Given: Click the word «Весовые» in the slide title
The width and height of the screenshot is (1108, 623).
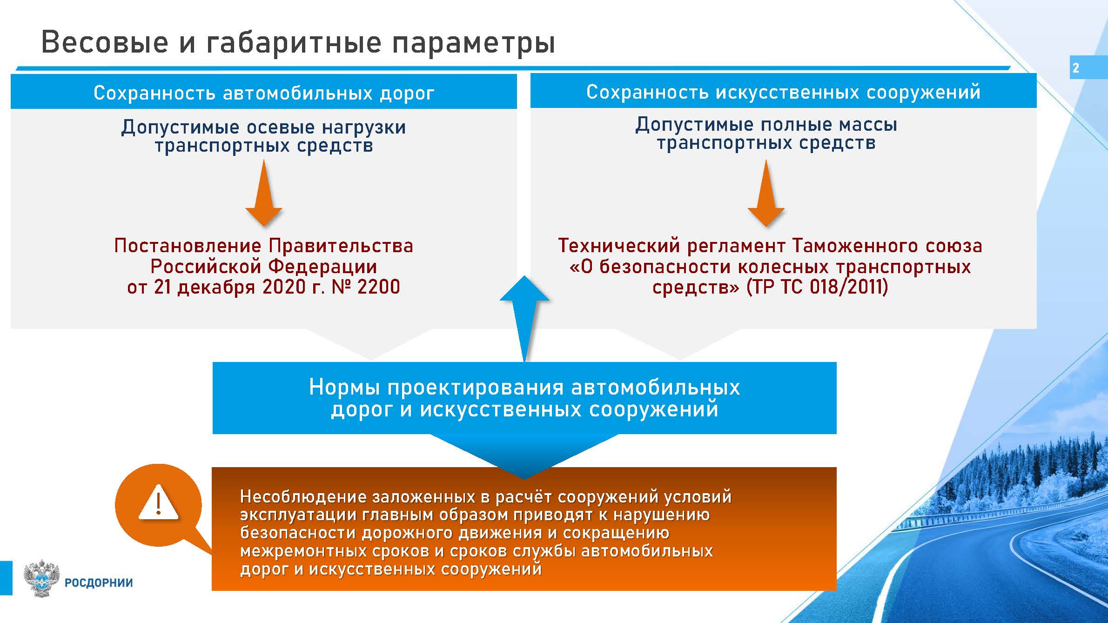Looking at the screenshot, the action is (x=105, y=42).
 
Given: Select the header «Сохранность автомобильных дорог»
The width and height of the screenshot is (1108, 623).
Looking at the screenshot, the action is (x=264, y=93).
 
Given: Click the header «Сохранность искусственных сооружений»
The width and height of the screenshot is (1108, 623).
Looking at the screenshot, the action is (x=783, y=92).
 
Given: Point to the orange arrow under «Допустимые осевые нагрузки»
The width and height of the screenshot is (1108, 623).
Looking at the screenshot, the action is (x=264, y=193).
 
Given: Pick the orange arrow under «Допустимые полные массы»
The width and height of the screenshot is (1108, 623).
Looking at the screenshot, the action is (x=766, y=193).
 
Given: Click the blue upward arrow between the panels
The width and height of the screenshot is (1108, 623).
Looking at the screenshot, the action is (x=524, y=319).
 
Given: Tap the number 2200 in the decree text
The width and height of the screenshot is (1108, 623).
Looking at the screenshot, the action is (x=379, y=287).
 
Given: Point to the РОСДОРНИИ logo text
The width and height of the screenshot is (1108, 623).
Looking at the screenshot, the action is (x=99, y=583).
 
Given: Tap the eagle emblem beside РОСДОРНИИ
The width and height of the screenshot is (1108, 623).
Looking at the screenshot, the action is (x=42, y=578).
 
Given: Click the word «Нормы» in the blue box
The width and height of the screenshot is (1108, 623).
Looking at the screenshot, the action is (x=345, y=388).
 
